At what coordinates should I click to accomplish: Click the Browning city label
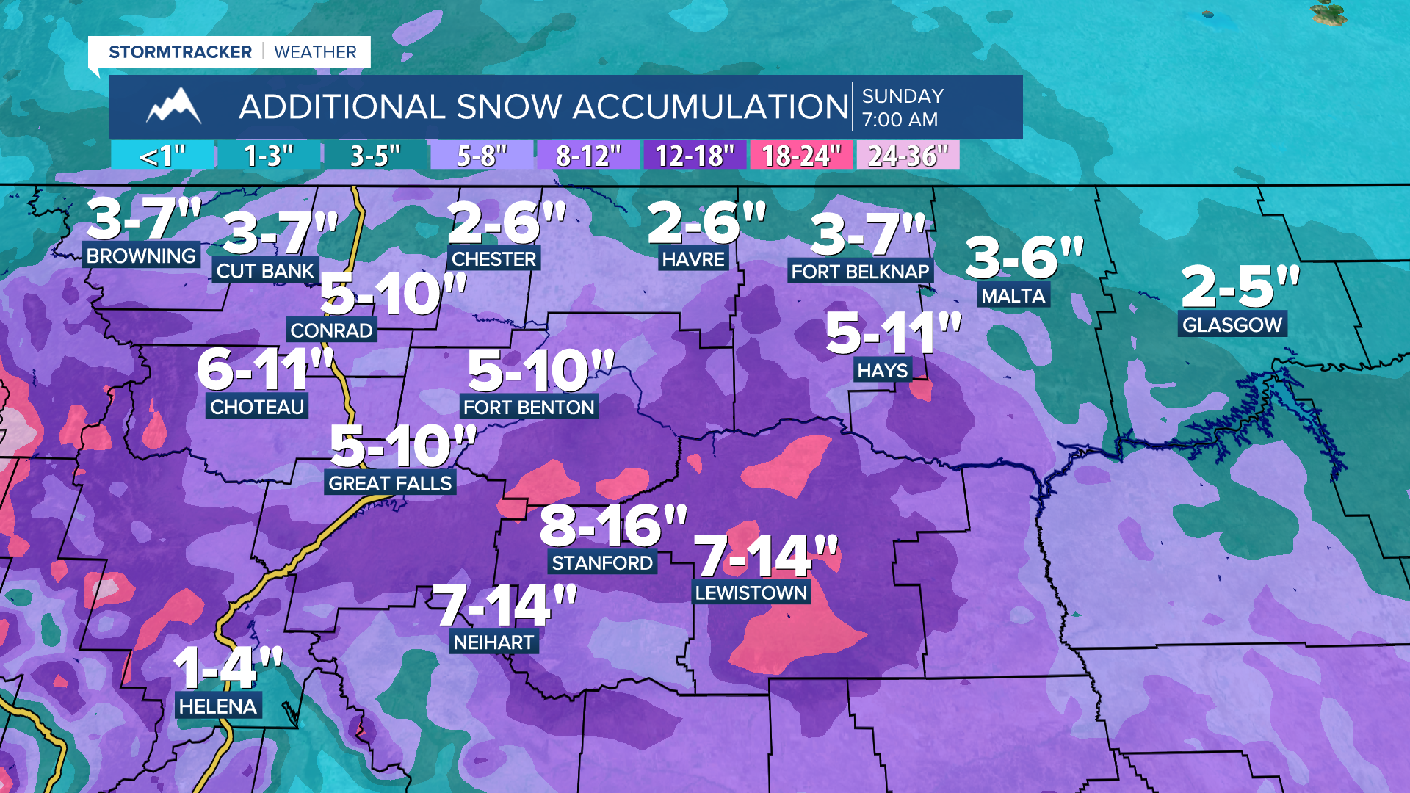tap(141, 256)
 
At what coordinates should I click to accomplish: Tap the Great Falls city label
tap(390, 483)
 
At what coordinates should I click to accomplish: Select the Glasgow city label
tap(1232, 325)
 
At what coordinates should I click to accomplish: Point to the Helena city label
tap(218, 706)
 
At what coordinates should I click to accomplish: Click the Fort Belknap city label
tap(860, 272)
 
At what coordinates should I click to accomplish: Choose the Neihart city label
tap(493, 642)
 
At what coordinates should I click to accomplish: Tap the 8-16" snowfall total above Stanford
tap(613, 526)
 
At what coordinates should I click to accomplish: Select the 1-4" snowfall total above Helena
tap(228, 667)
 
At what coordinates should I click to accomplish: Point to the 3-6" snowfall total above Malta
tap(1024, 258)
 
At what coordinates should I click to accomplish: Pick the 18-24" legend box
tap(801, 156)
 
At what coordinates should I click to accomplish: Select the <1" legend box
tap(162, 156)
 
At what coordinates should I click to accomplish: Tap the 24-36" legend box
tap(908, 156)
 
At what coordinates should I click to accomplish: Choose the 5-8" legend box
tap(482, 156)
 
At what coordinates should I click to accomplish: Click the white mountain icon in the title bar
tap(174, 106)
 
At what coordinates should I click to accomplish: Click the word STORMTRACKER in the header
tap(180, 52)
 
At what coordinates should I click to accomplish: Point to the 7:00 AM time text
tap(900, 120)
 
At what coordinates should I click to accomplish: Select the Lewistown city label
tap(751, 593)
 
